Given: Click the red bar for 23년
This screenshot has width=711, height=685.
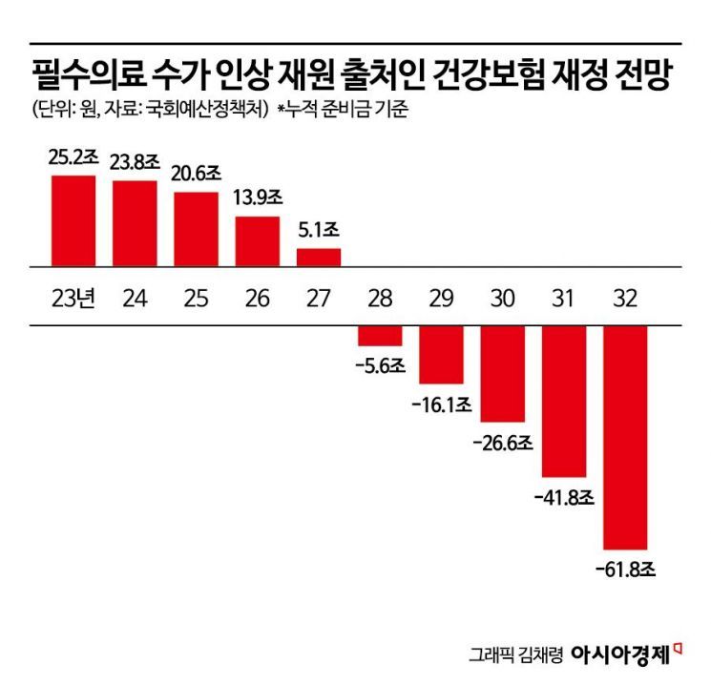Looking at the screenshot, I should coord(73,218).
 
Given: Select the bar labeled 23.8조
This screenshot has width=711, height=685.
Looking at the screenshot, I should coord(135,221).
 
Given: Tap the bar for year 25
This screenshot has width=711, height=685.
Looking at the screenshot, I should coord(196,227).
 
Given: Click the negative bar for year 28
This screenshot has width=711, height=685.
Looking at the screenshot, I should coord(380,335).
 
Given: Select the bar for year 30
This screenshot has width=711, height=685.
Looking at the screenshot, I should coord(503,373).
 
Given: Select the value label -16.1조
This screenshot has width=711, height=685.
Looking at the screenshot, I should coord(442,405).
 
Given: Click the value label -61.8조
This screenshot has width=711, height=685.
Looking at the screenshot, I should coord(626,571).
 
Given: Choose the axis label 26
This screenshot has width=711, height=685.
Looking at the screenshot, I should coord(258,298).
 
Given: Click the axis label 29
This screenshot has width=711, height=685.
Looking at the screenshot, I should coord(441,298).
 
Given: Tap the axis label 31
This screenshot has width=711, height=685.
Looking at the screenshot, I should coord(563,298).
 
